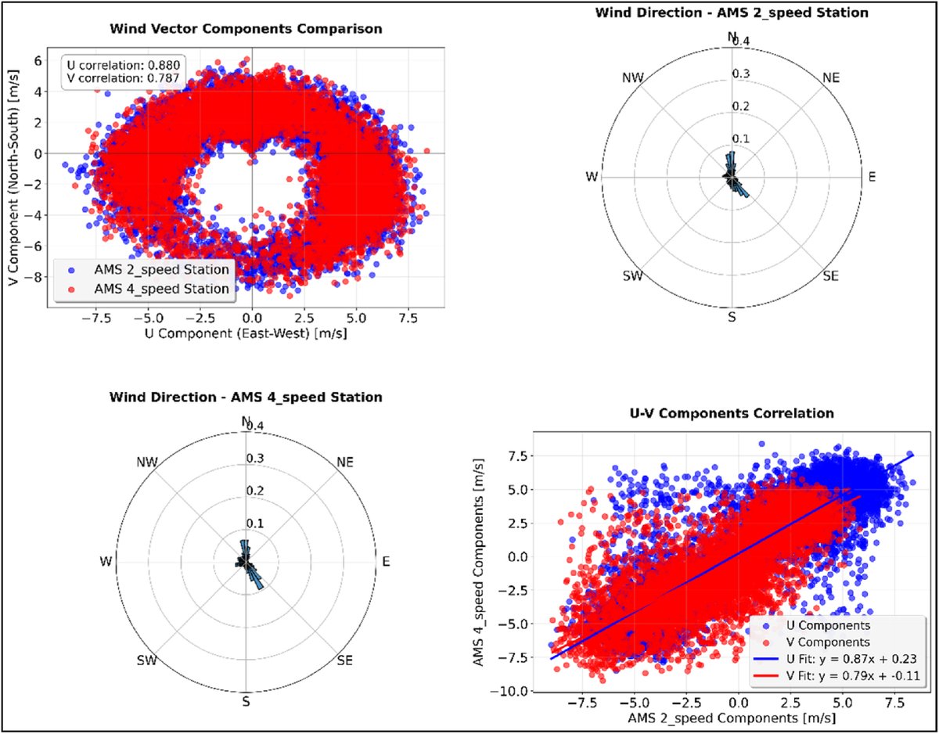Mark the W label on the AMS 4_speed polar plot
106,561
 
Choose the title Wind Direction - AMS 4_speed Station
246,397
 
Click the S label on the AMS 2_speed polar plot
732,317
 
